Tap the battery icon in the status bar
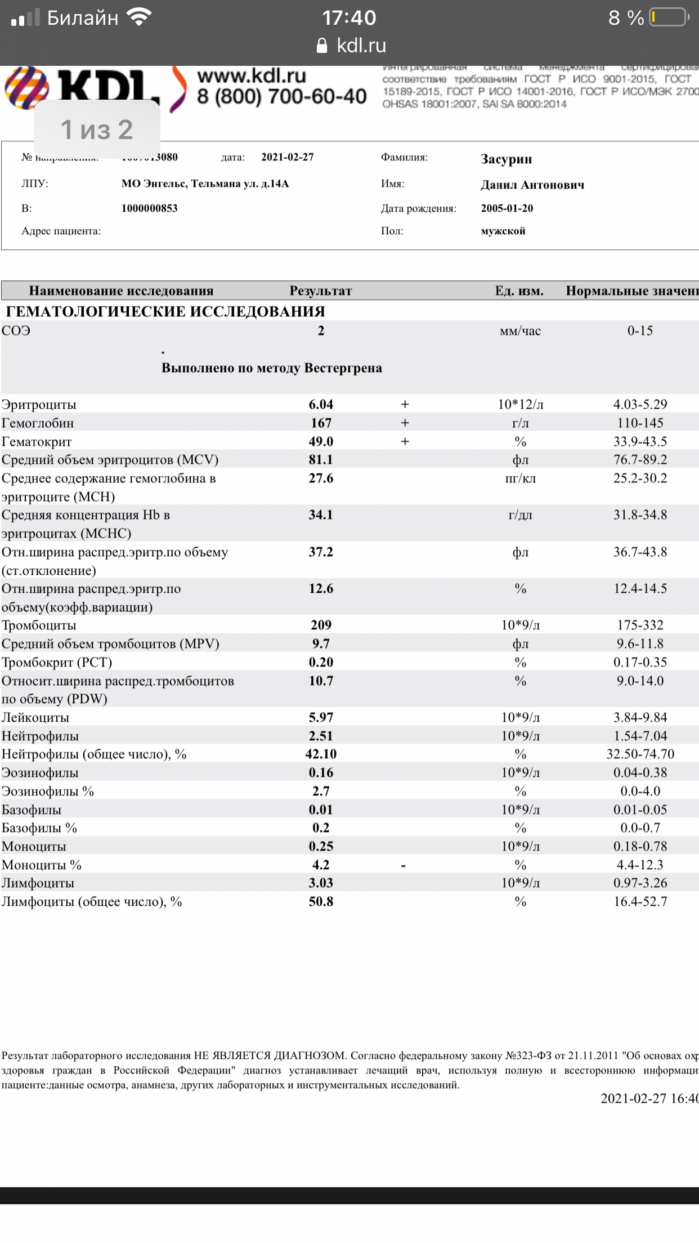click(669, 17)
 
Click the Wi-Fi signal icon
click(139, 17)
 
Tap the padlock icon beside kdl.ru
click(322, 46)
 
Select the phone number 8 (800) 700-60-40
click(281, 97)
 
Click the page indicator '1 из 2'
click(97, 130)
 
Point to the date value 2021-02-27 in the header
click(287, 157)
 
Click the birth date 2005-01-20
click(507, 208)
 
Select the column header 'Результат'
click(320, 291)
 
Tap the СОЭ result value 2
click(321, 331)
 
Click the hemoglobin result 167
click(321, 423)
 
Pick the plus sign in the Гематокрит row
click(405, 441)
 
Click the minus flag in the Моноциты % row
click(404, 865)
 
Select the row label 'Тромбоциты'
click(39, 625)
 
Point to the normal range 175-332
click(640, 625)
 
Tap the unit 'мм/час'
click(520, 331)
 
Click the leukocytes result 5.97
click(321, 717)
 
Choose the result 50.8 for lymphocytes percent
click(321, 901)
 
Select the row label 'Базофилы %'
click(39, 828)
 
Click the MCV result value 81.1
click(321, 459)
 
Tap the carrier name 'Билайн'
click(82, 18)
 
